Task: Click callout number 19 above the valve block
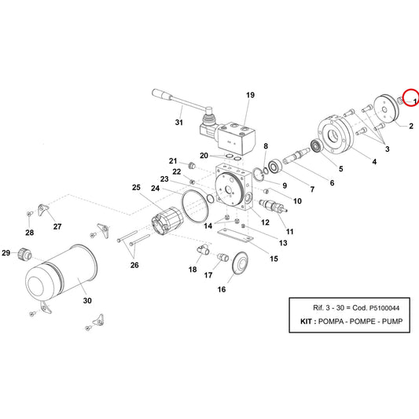click(250, 95)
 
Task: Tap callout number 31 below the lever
click(178, 123)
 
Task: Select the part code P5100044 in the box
click(384, 308)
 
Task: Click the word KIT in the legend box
click(306, 322)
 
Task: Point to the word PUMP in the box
click(392, 322)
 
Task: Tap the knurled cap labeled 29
click(24, 254)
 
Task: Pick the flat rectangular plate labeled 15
click(235, 235)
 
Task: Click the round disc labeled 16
click(241, 263)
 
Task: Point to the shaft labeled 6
click(296, 156)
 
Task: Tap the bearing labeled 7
click(274, 167)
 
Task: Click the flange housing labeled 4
click(336, 134)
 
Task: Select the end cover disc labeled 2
click(386, 108)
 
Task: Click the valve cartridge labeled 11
click(273, 206)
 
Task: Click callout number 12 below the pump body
click(265, 222)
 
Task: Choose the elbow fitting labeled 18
click(204, 249)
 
